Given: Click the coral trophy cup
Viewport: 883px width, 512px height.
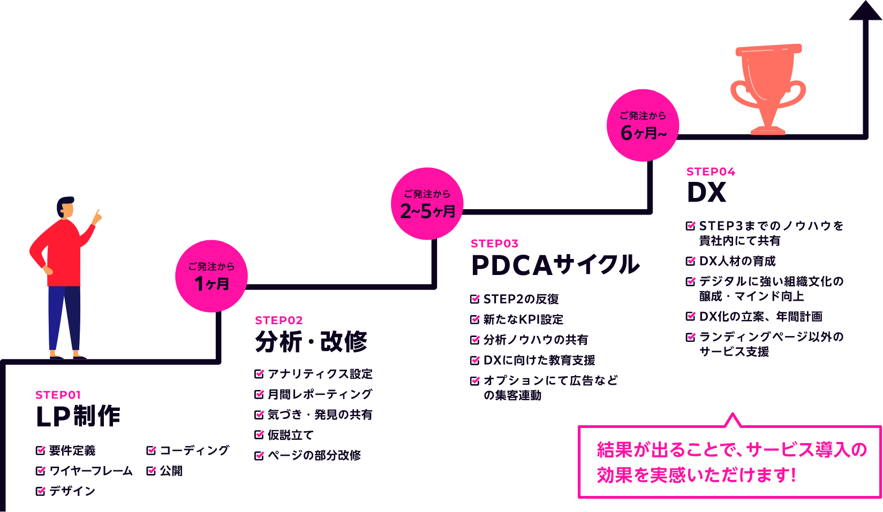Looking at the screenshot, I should pos(768,86).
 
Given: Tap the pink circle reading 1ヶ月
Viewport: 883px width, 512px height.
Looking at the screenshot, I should pos(212,276).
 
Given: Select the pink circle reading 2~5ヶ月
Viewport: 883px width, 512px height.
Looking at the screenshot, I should pos(427,204).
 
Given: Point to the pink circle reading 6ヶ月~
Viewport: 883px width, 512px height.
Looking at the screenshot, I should pos(643,125).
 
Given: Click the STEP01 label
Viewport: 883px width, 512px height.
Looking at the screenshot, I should pos(58,395).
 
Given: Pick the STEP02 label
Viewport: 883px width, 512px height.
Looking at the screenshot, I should pos(278,320).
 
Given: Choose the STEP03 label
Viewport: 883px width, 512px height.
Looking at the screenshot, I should pos(494,244).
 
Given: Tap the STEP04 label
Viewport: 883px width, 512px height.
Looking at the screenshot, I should pos(711,172).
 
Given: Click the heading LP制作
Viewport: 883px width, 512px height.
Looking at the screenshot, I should pos(78,416).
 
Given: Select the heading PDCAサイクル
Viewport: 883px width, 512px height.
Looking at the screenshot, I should pos(555,265).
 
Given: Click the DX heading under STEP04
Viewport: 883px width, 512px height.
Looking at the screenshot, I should pos(706,193).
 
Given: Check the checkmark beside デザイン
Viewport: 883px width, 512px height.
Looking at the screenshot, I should pos(41,491).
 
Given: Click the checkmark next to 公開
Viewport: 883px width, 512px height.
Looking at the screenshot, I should pos(152,470).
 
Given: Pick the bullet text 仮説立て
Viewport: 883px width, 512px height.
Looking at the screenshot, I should pos(290,435).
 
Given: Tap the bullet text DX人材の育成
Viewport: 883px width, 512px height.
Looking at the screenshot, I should pos(737,262).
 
